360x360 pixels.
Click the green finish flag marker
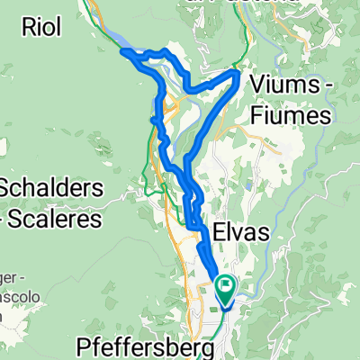222,291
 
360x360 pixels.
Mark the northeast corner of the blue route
237,71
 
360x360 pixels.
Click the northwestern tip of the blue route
122,51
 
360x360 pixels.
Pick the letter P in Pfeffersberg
83,346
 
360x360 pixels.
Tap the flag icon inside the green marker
222,288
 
